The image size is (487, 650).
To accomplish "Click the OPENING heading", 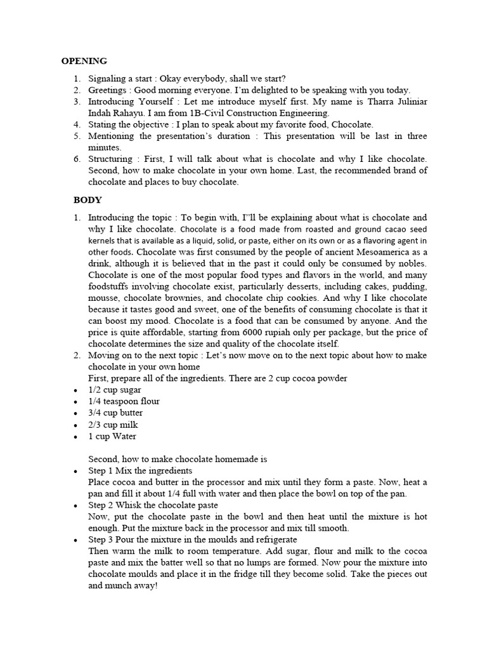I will (84, 62).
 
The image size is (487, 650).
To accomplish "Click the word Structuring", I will (110, 159).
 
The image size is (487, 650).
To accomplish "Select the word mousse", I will (101, 298).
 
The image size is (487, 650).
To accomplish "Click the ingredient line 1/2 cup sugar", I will (115, 390).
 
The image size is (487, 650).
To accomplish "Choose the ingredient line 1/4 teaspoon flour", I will (124, 401).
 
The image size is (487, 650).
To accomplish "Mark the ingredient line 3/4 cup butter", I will (115, 413).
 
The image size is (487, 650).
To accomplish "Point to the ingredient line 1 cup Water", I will (112, 436).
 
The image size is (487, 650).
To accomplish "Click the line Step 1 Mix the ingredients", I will (140, 470).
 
